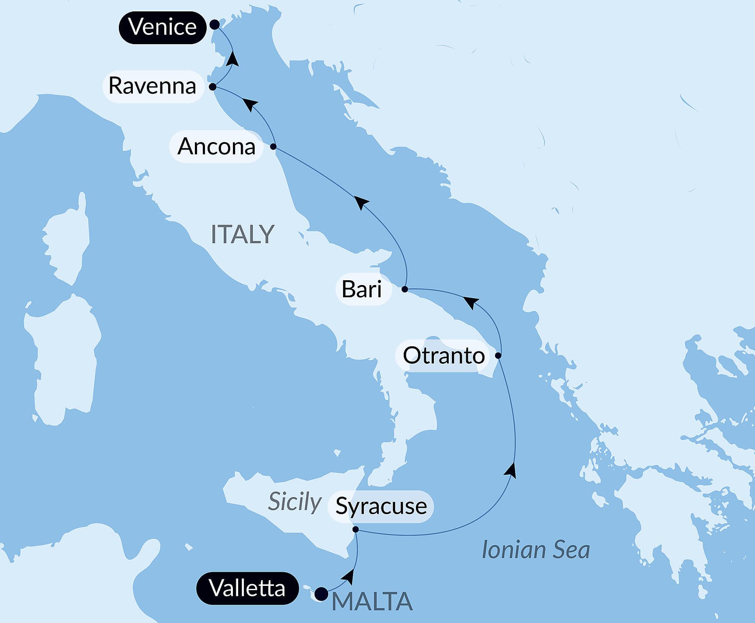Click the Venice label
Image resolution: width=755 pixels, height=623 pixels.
[x=163, y=27]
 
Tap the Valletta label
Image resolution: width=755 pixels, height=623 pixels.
[x=247, y=588]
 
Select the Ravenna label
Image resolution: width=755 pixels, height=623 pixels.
[x=152, y=86]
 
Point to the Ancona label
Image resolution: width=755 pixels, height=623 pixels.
[x=216, y=146]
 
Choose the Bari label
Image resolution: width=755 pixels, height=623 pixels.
[x=362, y=289]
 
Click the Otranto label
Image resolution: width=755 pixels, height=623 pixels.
[x=443, y=355]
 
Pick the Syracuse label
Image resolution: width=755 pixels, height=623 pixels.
[x=381, y=506]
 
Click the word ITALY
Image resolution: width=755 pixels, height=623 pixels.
[x=242, y=234]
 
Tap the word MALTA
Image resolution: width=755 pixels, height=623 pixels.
[x=372, y=602]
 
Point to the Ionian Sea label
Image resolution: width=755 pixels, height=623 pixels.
[x=536, y=550]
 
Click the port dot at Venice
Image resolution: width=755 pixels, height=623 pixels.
[x=215, y=24]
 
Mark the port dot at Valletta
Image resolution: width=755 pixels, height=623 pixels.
[x=322, y=594]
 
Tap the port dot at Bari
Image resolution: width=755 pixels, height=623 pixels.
[x=405, y=289]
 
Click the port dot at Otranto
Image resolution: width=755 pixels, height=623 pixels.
[x=498, y=356]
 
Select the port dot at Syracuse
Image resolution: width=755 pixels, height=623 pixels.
[x=356, y=530]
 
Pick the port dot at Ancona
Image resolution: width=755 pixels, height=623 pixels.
[x=274, y=147]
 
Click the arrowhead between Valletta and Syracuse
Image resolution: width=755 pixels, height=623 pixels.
[x=348, y=577]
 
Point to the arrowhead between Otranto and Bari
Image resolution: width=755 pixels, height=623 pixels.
[x=471, y=302]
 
